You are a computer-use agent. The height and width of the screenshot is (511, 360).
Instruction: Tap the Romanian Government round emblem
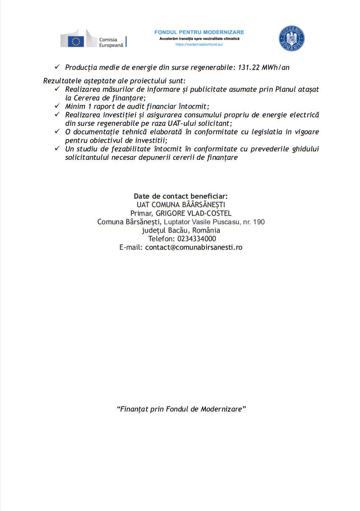pyautogui.click(x=291, y=38)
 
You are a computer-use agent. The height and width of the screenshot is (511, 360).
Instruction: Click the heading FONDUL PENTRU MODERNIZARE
pyautogui.click(x=199, y=32)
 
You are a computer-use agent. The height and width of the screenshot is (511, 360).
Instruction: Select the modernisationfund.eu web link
pyautogui.click(x=199, y=44)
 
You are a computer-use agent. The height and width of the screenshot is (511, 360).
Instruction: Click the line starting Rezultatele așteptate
pyautogui.click(x=114, y=81)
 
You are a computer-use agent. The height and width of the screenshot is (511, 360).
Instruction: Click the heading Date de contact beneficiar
pyautogui.click(x=181, y=196)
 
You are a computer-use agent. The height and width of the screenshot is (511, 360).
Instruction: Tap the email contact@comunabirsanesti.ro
pyautogui.click(x=194, y=247)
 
